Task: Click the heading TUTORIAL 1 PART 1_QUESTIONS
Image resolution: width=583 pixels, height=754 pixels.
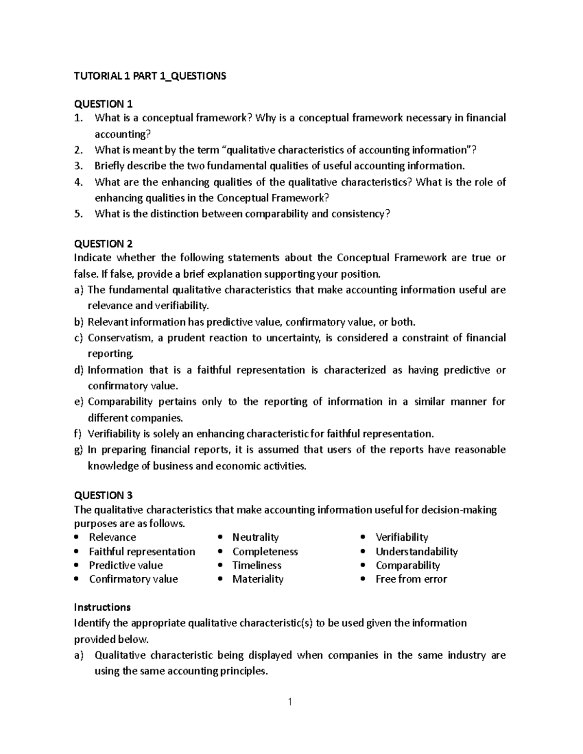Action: click(150, 76)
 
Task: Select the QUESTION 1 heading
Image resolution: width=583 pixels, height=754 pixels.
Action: click(103, 103)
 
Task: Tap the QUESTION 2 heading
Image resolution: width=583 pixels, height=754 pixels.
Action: click(103, 243)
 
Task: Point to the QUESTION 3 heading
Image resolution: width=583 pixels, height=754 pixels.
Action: click(103, 495)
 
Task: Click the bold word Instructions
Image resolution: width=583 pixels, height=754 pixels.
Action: click(102, 607)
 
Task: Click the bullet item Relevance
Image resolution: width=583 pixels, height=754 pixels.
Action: click(112, 537)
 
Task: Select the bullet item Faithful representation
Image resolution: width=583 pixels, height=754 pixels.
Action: click(142, 551)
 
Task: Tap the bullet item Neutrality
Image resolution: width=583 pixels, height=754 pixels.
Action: click(256, 537)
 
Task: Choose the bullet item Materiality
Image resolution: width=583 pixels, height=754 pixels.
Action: click(257, 579)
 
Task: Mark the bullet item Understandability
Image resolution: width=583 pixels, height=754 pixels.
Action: click(416, 551)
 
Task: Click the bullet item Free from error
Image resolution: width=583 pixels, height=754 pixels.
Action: click(411, 579)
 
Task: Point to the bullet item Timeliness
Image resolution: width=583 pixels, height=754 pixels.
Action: click(257, 565)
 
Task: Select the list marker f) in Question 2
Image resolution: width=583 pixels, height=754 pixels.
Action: click(78, 434)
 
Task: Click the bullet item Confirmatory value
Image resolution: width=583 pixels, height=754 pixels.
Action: click(133, 579)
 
